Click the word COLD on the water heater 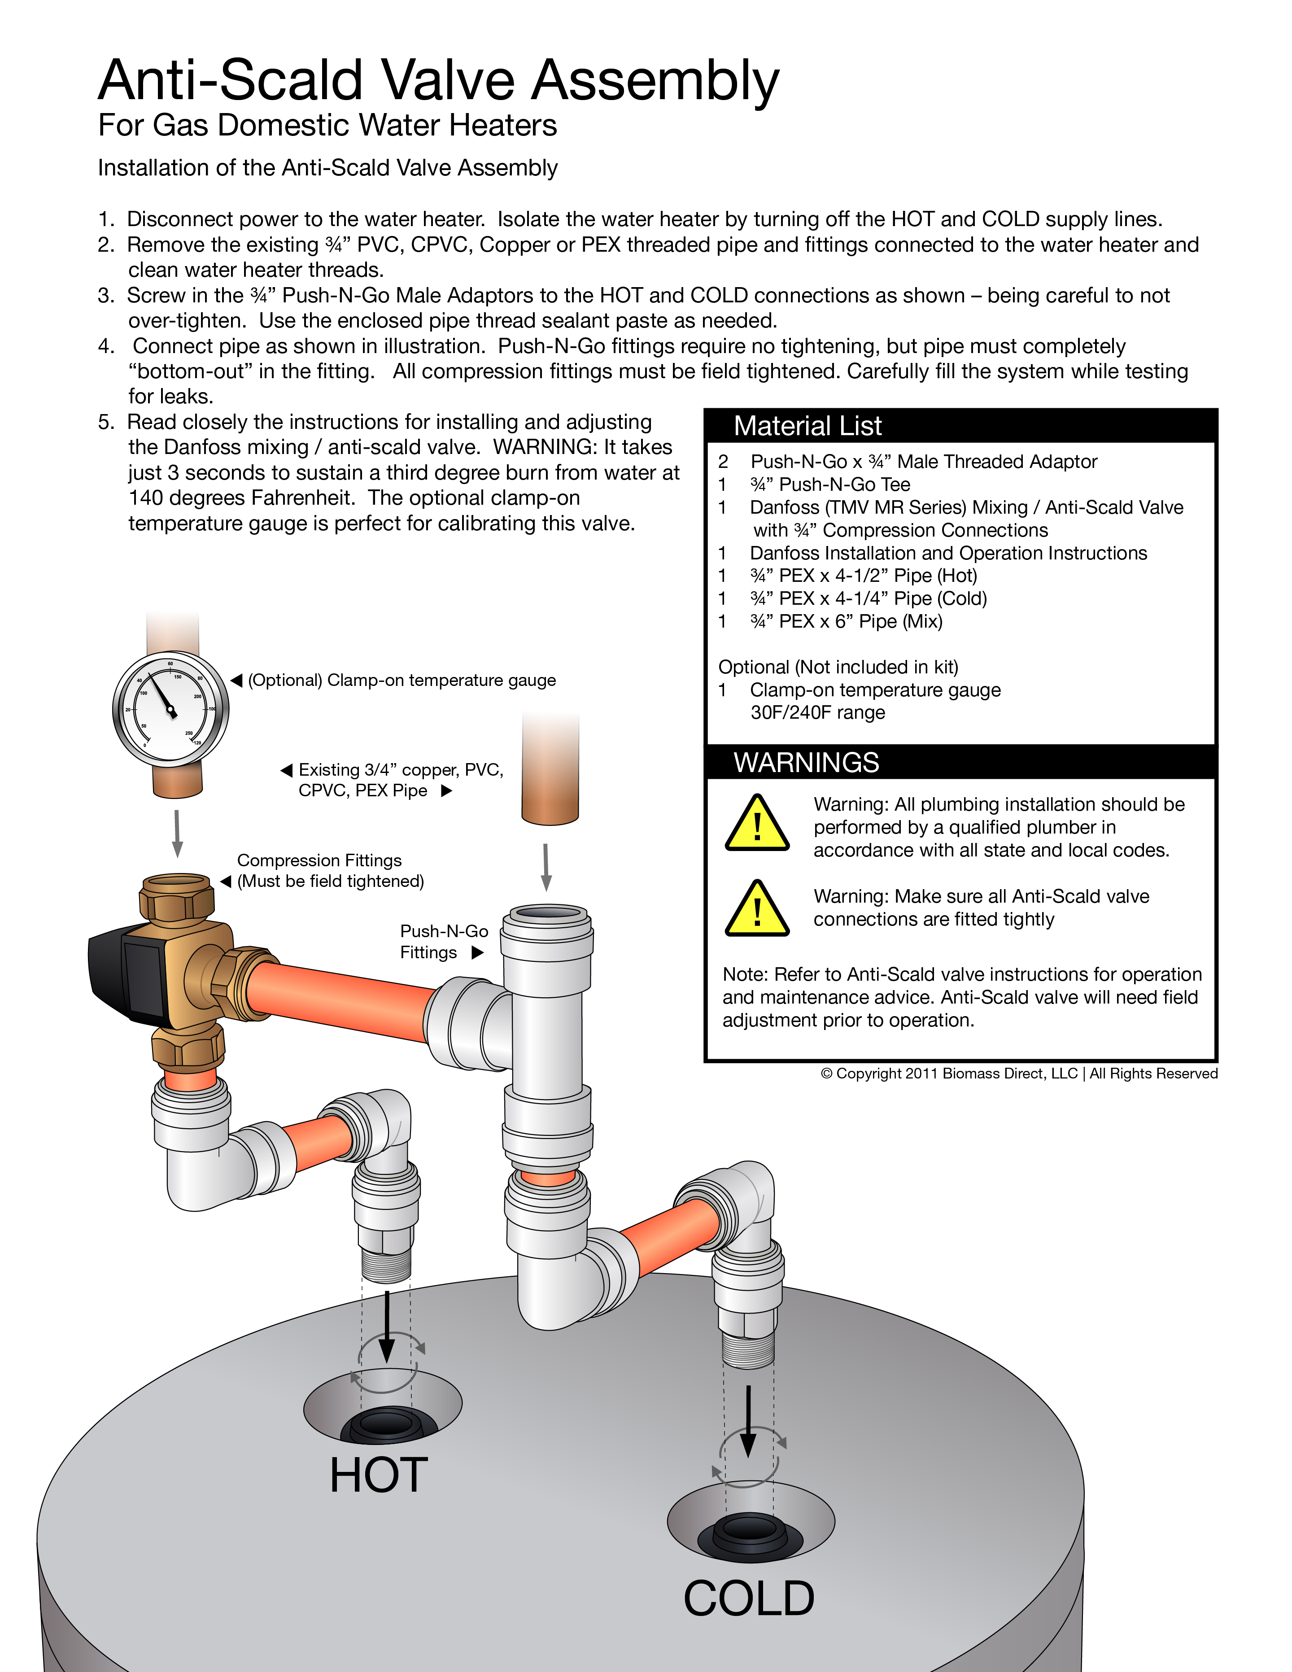[749, 1598]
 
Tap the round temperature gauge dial [170, 709]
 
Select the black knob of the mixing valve [127, 976]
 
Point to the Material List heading [807, 426]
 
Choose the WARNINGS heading [806, 763]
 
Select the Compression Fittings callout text [329, 870]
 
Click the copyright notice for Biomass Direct [1018, 1074]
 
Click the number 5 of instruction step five [105, 422]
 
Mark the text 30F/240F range [817, 713]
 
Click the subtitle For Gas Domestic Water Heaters [327, 126]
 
